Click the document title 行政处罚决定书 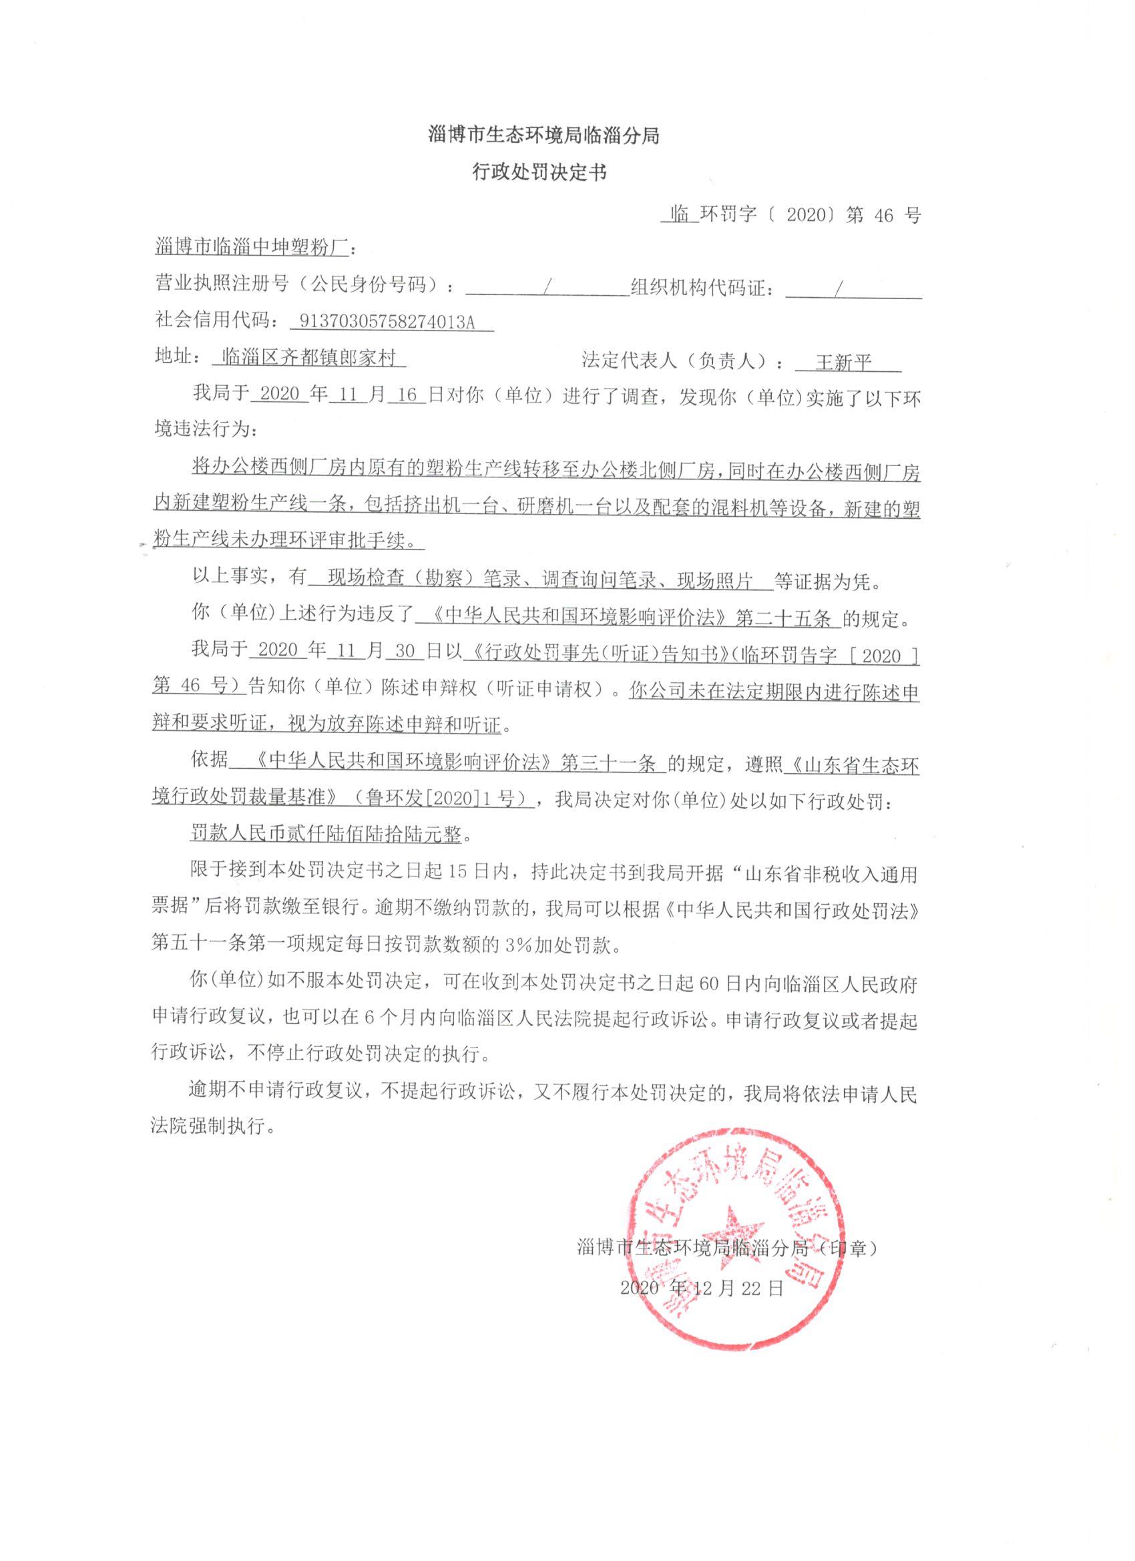pyautogui.click(x=538, y=173)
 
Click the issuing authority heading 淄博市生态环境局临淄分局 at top pyautogui.click(x=543, y=136)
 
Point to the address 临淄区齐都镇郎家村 pyautogui.click(x=310, y=358)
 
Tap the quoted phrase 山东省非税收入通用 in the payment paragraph pyautogui.click(x=829, y=874)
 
